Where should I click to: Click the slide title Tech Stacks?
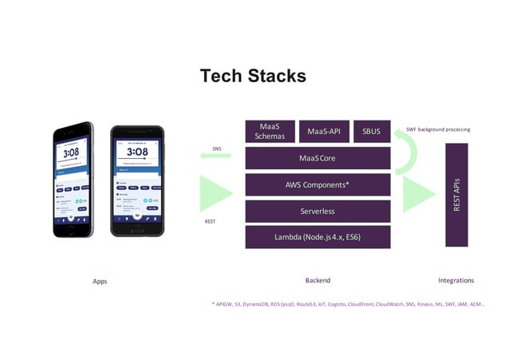coord(253,76)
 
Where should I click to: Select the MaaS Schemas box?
coord(269,131)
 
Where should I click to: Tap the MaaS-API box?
coord(323,131)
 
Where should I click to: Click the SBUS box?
coord(372,131)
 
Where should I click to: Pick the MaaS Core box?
coord(318,158)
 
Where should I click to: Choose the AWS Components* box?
coord(318,184)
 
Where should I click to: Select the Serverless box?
coord(318,212)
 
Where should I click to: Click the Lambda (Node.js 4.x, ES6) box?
coord(318,237)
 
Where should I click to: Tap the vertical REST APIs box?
coord(456,195)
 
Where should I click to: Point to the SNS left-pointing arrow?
coord(215,156)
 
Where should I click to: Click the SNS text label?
coord(216,148)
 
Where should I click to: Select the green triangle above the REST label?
coord(213,195)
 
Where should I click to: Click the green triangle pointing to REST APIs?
coord(416,195)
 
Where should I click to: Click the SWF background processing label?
coord(438,129)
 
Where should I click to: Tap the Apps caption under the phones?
coord(100,281)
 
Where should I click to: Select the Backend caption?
coord(318,280)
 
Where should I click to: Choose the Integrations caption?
coord(456,280)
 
